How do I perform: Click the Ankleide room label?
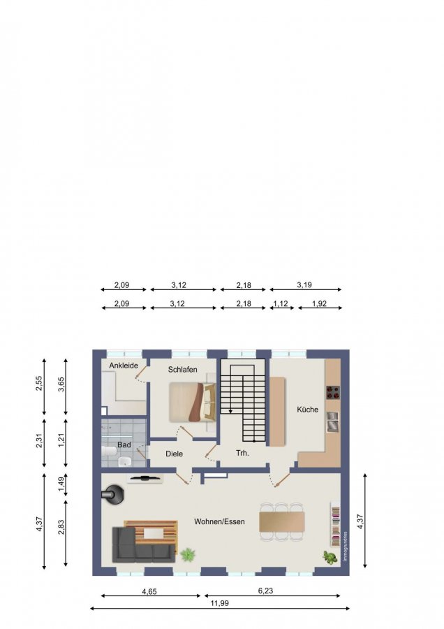tap(124, 366)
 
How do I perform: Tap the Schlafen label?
tap(183, 370)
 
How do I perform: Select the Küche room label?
tap(307, 410)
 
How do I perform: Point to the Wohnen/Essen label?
tap(219, 521)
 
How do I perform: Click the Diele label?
tap(175, 454)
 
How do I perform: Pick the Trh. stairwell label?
tap(242, 454)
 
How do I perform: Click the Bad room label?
tap(124, 445)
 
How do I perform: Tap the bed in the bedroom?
tap(193, 403)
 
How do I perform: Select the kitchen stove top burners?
tap(332, 392)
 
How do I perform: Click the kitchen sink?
tap(333, 421)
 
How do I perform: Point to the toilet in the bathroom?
tap(109, 451)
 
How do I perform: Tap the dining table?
tap(282, 521)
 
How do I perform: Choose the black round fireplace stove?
tap(113, 495)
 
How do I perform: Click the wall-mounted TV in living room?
tap(145, 478)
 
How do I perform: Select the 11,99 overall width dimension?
tap(219, 603)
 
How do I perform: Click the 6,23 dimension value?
tap(266, 591)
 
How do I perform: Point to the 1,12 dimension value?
tap(281, 303)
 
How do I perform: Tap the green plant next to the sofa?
tap(188, 555)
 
